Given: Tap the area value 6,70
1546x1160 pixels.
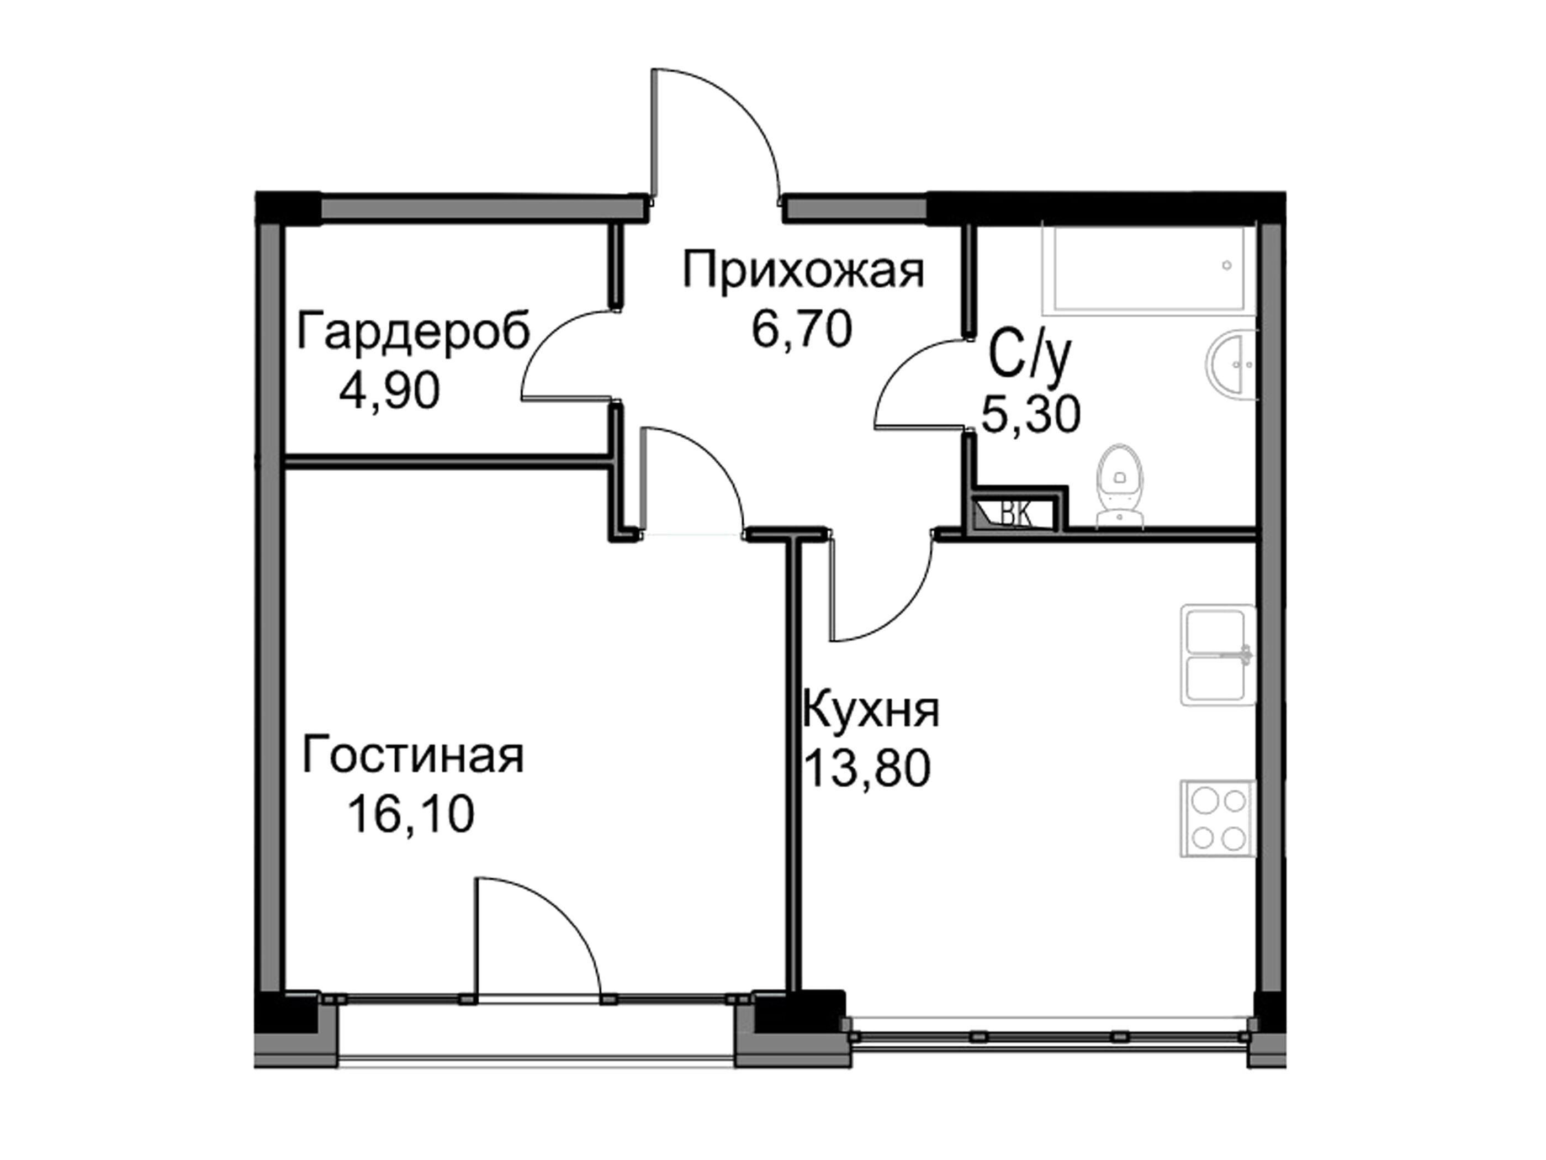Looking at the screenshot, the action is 802,329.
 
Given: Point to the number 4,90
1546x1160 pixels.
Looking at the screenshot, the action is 389,391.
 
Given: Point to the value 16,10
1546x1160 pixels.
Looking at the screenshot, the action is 410,815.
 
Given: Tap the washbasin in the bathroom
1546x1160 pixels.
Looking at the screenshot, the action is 1231,364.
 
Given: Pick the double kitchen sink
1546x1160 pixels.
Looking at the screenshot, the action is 1217,655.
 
